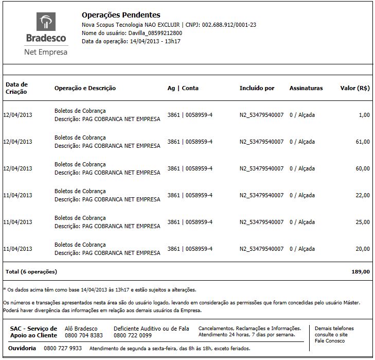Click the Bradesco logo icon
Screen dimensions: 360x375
pyautogui.click(x=46, y=23)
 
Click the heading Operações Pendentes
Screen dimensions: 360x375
pyautogui.click(x=121, y=15)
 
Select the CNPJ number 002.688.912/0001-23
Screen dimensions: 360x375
pyautogui.click(x=229, y=25)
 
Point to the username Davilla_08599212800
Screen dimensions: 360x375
pyautogui.click(x=155, y=33)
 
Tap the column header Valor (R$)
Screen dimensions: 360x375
pyautogui.click(x=355, y=88)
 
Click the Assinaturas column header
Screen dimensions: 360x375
pyautogui.click(x=306, y=88)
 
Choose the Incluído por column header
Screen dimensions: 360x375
pyautogui.click(x=257, y=88)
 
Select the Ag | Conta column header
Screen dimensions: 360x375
pyautogui.click(x=183, y=88)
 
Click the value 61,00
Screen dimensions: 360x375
pyautogui.click(x=363, y=142)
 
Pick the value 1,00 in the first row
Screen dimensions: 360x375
pyautogui.click(x=364, y=115)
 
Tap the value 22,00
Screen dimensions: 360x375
pyautogui.click(x=363, y=195)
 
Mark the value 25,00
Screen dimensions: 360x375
pyautogui.click(x=363, y=222)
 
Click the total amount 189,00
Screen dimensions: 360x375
pyautogui.click(x=361, y=271)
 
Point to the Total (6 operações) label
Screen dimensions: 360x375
pyautogui.click(x=31, y=271)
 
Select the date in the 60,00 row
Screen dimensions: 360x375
pyautogui.click(x=18, y=168)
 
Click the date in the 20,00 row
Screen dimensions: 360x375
pyautogui.click(x=18, y=249)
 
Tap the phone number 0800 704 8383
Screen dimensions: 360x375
pyautogui.click(x=84, y=335)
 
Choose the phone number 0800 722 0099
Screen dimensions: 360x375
pyautogui.click(x=133, y=335)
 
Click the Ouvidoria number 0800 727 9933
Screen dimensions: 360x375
pyautogui.click(x=63, y=349)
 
